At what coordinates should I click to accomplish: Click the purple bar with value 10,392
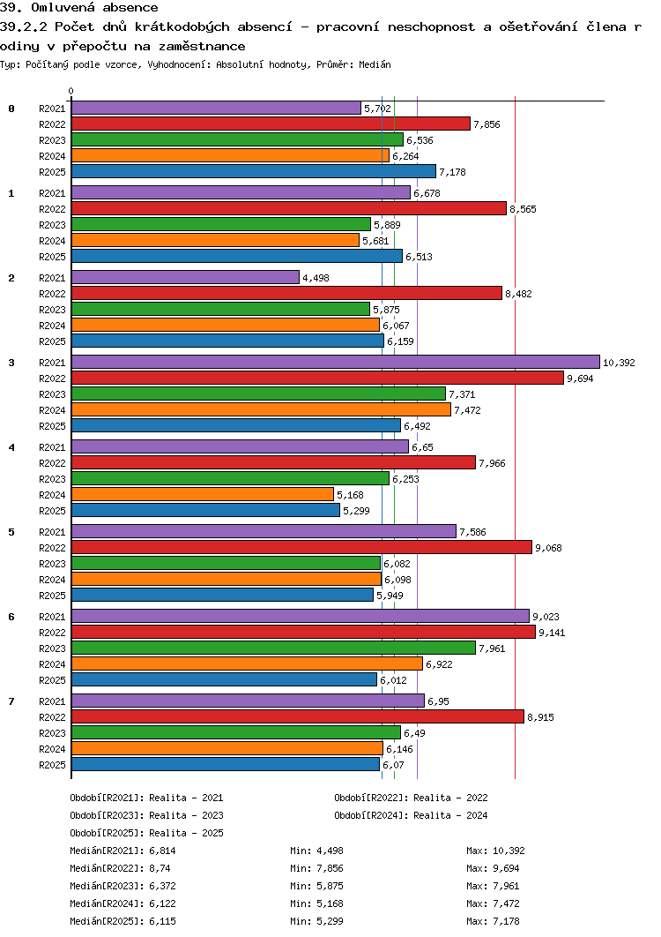(336, 362)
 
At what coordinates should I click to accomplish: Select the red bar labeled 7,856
(271, 124)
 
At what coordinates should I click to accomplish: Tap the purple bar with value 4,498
(185, 277)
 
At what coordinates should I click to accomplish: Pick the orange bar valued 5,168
(203, 494)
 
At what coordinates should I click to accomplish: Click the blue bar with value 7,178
(254, 171)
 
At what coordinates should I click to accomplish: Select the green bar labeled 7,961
(273, 648)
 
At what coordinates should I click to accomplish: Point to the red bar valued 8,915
(297, 716)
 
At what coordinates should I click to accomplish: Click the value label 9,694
(580, 379)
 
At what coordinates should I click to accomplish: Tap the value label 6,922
(439, 664)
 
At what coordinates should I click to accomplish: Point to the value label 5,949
(390, 596)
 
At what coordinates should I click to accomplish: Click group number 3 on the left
(11, 363)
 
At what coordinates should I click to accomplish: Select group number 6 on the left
(11, 617)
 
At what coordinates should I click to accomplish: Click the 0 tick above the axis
(71, 92)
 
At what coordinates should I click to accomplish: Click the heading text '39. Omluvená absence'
(78, 8)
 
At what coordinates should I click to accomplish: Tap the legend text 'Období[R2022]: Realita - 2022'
(411, 798)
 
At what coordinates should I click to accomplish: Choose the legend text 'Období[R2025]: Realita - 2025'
(146, 833)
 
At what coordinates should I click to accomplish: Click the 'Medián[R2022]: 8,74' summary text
(120, 868)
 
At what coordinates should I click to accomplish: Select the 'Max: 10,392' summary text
(495, 851)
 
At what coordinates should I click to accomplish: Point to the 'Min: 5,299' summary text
(316, 921)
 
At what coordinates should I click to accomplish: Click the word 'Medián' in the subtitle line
(375, 64)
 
